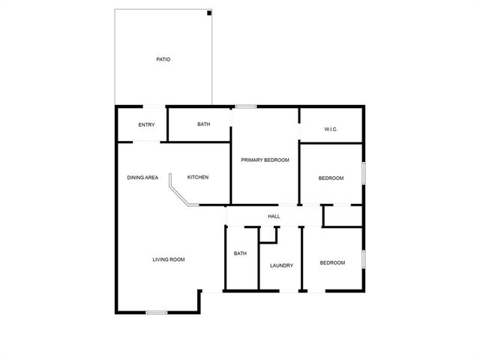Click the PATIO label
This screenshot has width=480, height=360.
[163, 59]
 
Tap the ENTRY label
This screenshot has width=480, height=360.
[147, 124]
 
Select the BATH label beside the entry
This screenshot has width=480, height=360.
[203, 124]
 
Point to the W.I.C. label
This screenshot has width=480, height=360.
[331, 130]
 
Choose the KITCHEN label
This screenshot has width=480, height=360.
[197, 178]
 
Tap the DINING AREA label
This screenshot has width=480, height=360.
[142, 178]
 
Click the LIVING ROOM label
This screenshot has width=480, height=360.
[168, 259]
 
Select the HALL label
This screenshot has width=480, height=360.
[274, 217]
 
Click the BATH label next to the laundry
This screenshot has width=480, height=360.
[240, 253]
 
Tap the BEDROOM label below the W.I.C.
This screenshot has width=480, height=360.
[331, 178]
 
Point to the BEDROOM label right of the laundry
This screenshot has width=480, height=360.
[332, 262]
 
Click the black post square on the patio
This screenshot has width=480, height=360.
[209, 13]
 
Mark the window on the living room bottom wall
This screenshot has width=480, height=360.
[157, 312]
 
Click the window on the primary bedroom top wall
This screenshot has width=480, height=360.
[244, 106]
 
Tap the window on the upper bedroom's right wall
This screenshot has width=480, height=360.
[364, 173]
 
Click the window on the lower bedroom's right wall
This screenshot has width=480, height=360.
[364, 259]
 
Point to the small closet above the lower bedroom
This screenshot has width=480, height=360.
[343, 215]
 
